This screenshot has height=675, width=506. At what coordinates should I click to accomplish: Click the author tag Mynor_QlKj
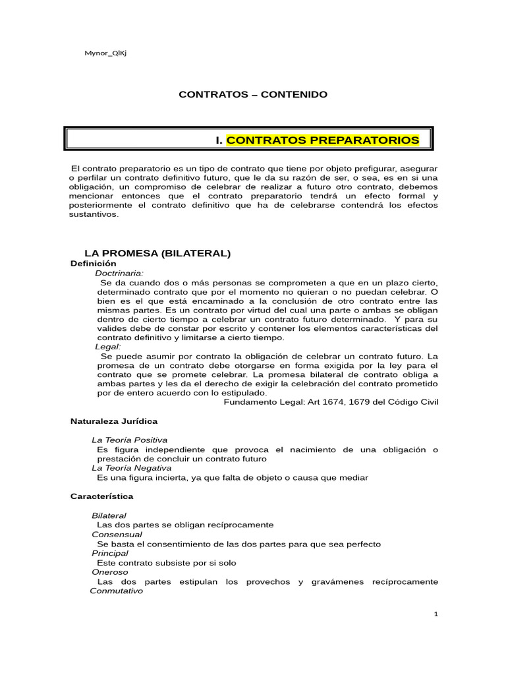tap(102, 53)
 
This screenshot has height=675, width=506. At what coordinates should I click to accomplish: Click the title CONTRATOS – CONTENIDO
tap(253, 95)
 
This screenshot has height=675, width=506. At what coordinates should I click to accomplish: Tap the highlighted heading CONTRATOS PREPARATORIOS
tap(323, 140)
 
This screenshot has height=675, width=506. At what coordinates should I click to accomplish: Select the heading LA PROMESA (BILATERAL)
tap(157, 253)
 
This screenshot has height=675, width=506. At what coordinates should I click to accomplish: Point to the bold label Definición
tap(93, 263)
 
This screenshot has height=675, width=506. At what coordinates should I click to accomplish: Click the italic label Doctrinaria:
tap(119, 272)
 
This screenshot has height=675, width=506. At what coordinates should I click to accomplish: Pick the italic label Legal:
tap(108, 347)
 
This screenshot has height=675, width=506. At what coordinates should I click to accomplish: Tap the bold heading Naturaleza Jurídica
tap(113, 421)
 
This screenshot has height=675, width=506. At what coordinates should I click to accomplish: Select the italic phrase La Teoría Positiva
tap(129, 440)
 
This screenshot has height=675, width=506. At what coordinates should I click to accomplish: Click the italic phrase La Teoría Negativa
tap(131, 467)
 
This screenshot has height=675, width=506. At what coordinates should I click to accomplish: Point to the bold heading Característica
tap(101, 496)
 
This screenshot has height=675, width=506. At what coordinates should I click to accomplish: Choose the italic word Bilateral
tap(109, 515)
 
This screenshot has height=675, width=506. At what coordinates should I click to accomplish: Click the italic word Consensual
tap(117, 535)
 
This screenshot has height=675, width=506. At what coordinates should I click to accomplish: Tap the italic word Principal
tap(110, 553)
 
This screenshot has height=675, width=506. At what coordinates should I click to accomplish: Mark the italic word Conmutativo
tap(116, 591)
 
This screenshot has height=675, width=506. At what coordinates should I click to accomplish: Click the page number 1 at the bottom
tap(436, 614)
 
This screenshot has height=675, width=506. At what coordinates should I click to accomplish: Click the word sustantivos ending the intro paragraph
tap(95, 214)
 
